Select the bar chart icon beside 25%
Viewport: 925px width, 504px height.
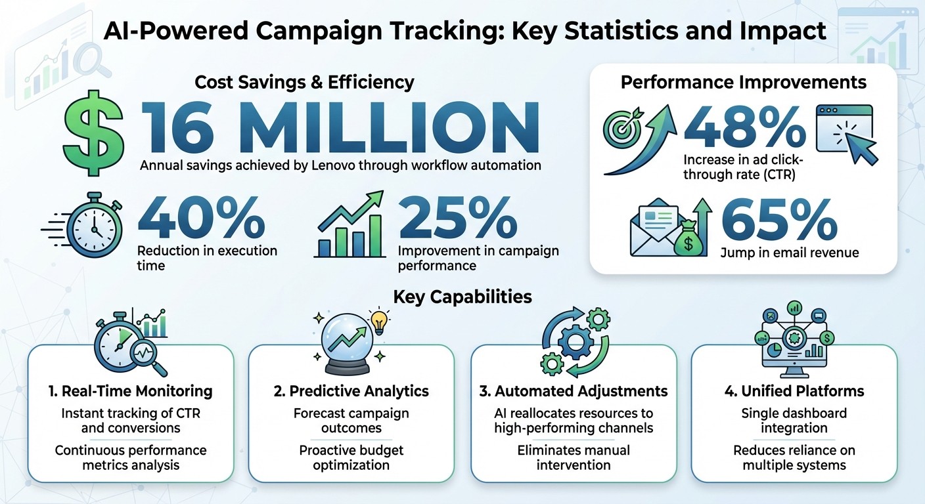[x=348, y=226]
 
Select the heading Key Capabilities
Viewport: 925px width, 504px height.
[x=462, y=297]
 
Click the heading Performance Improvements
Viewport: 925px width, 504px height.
[x=743, y=83]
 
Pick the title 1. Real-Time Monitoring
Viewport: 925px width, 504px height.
[x=131, y=392]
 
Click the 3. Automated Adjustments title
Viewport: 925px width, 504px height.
[x=574, y=392]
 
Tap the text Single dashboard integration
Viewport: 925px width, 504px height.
[x=794, y=421]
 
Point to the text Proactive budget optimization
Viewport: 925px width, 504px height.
[x=351, y=457]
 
